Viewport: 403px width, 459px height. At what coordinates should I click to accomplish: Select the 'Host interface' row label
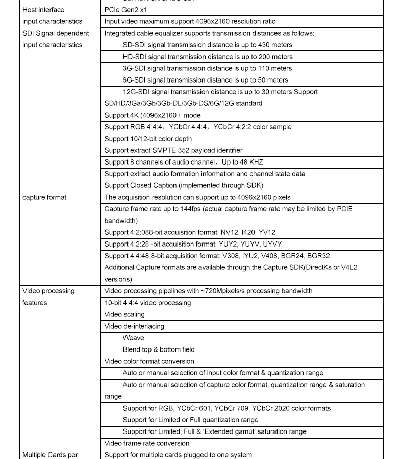tap(43, 10)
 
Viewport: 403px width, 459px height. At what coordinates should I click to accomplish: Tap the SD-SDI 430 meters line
tap(207, 45)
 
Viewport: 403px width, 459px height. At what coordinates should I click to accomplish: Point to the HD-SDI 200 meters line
tap(207, 57)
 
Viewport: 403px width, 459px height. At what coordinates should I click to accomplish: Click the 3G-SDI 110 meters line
tap(207, 68)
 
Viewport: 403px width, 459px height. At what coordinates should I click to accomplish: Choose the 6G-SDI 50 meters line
tap(205, 80)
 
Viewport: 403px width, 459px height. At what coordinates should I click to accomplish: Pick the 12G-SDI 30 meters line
tap(220, 92)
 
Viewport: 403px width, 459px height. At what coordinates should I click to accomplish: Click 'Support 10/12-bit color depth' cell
tap(148, 139)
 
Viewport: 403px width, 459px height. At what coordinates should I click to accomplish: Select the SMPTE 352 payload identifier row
tap(173, 150)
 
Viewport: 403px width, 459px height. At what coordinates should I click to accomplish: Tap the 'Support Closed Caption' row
tap(184, 185)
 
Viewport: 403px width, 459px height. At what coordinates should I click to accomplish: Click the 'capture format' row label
tap(44, 197)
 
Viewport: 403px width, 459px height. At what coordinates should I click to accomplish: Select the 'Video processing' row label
tap(48, 291)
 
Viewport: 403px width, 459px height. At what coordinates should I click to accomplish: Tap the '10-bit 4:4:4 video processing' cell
tap(147, 303)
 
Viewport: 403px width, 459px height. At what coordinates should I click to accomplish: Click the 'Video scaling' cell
tap(124, 314)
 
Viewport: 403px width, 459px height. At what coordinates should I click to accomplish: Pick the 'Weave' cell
tap(133, 338)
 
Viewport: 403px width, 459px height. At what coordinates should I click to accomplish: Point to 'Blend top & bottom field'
tap(158, 349)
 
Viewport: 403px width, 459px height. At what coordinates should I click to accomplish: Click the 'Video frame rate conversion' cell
tap(146, 443)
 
